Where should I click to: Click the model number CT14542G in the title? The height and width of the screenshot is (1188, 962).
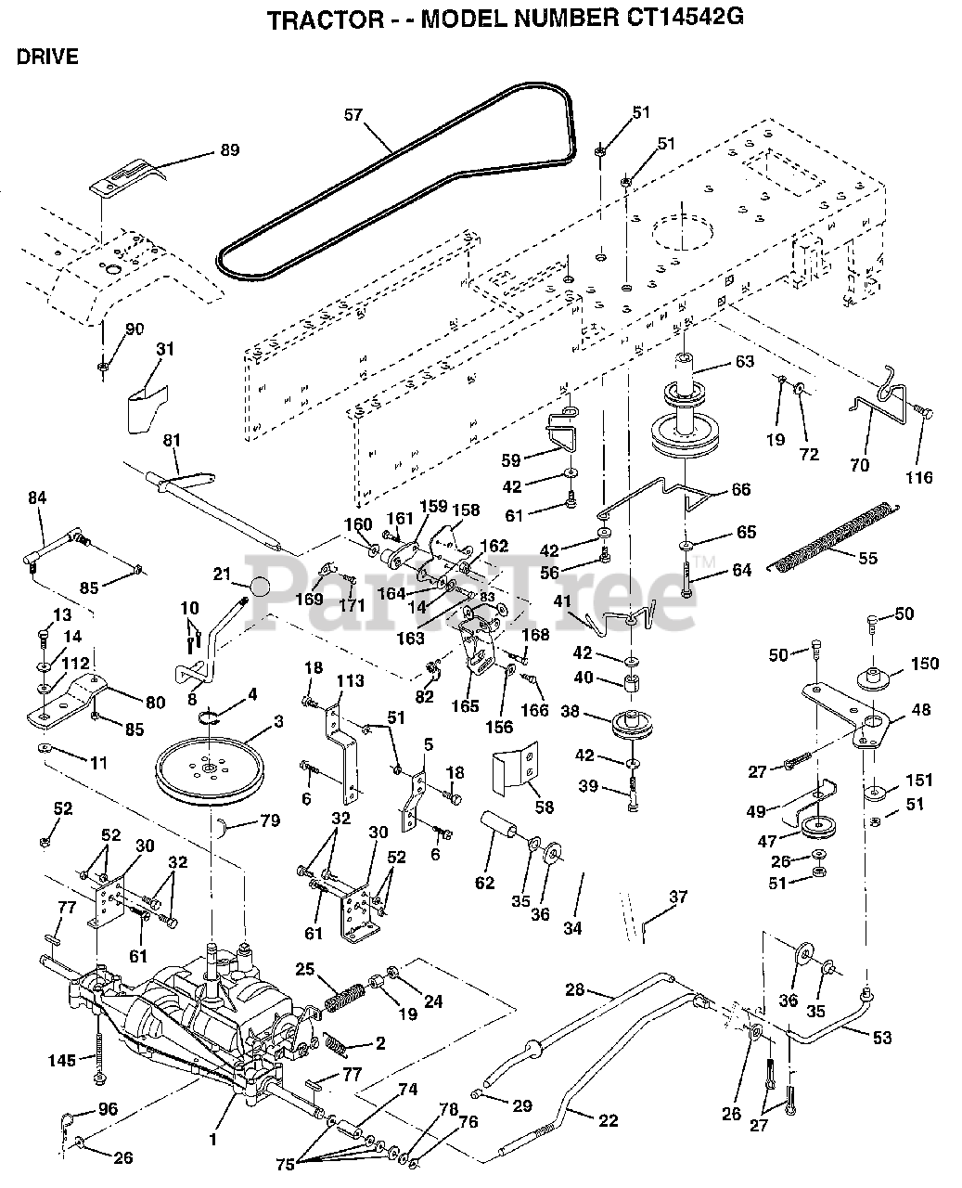pyautogui.click(x=685, y=18)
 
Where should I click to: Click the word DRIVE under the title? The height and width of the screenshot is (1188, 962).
pyautogui.click(x=47, y=57)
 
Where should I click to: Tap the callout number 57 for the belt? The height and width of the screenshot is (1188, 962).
pyautogui.click(x=353, y=115)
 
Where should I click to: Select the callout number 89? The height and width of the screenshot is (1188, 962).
pyautogui.click(x=230, y=150)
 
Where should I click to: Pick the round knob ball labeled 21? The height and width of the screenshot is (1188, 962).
pyautogui.click(x=258, y=587)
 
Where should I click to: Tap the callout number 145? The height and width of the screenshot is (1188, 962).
pyautogui.click(x=62, y=1060)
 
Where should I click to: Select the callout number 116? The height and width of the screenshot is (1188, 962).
pyautogui.click(x=919, y=477)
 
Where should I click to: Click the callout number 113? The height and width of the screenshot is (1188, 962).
pyautogui.click(x=350, y=680)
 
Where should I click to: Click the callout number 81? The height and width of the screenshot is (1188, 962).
pyautogui.click(x=172, y=441)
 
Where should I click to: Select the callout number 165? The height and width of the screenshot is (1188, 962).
pyautogui.click(x=465, y=706)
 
